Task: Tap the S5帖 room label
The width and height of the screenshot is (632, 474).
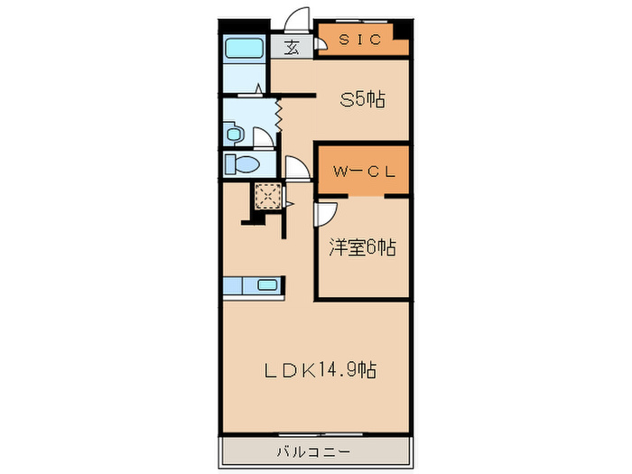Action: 362,100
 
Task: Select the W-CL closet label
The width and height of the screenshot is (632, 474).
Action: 361,172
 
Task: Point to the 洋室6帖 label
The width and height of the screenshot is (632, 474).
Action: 362,246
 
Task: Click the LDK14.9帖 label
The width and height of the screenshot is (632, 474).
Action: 321,369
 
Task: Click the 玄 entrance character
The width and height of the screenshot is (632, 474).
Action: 293,49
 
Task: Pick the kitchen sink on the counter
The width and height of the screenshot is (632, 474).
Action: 268,286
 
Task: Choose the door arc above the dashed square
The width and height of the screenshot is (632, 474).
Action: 295,168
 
